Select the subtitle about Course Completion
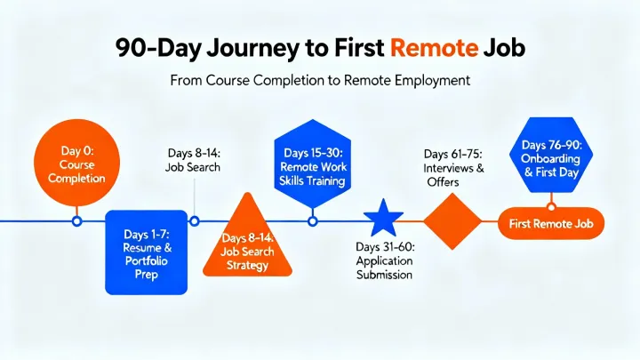319,81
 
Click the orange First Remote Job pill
550,224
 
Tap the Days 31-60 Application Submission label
384,260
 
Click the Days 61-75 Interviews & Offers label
453,167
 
